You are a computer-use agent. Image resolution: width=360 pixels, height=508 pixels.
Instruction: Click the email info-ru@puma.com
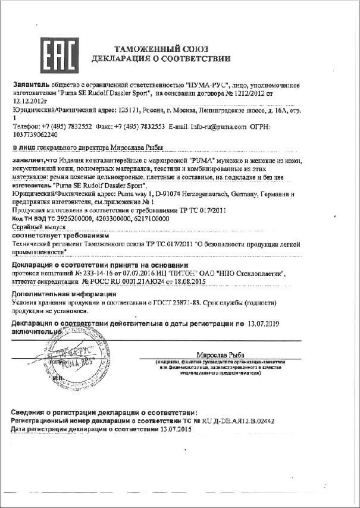pyautogui.click(x=218, y=127)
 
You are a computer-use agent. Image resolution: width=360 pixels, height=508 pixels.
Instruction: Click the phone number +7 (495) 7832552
pyautogui.click(x=65, y=127)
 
